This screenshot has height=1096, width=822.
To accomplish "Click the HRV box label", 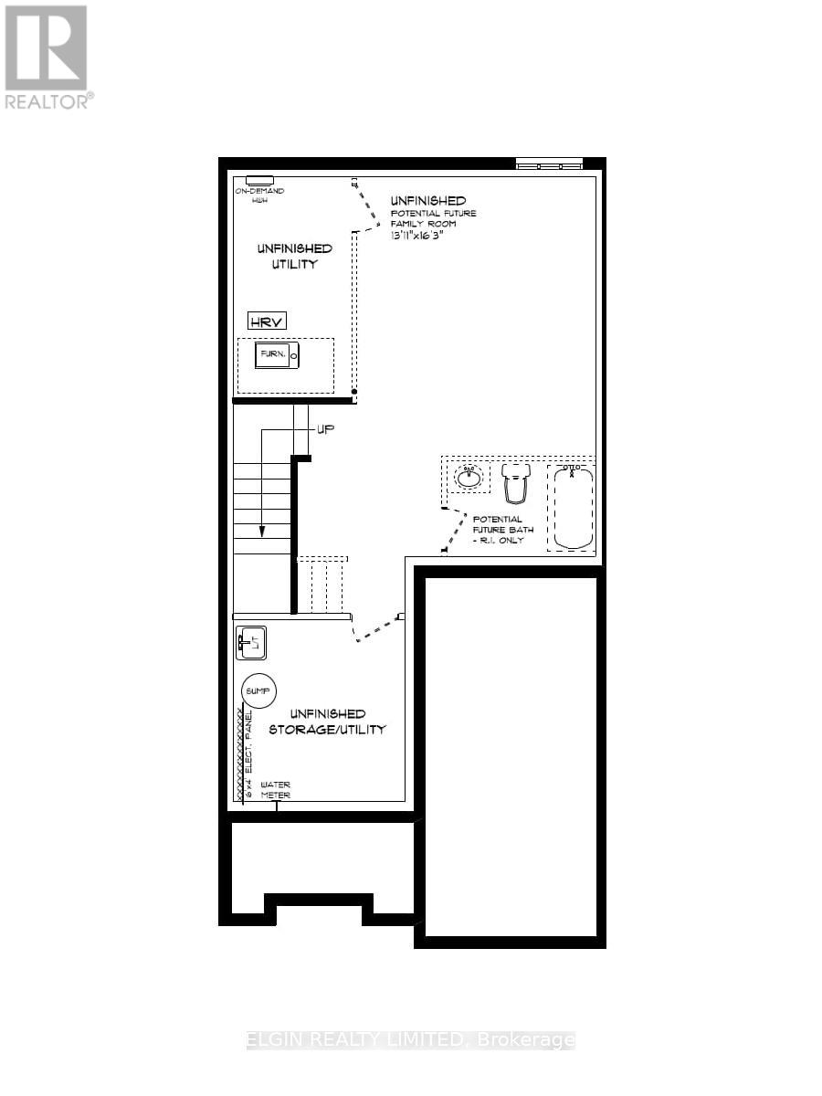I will [x=268, y=321].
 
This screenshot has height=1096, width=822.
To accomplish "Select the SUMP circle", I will [x=259, y=690].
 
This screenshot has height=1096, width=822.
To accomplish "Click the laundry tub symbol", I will [x=250, y=642].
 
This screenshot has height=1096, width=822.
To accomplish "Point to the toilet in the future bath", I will [x=517, y=482].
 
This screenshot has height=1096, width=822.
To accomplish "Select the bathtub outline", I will [x=572, y=508].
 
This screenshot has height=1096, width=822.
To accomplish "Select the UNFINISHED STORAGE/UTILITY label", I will [x=327, y=722].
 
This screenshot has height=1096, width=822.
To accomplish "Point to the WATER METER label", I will [x=276, y=790].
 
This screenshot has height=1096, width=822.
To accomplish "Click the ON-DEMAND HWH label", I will [x=259, y=195].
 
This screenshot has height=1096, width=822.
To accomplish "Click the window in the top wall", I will [x=549, y=164].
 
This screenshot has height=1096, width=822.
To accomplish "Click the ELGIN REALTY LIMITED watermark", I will [x=411, y=1040].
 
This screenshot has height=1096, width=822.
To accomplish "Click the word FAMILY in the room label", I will [x=411, y=224].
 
